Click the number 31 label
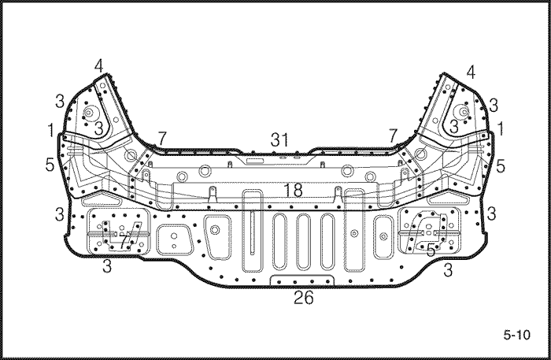279,140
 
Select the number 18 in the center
293,190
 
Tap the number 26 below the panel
303,298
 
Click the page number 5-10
516,335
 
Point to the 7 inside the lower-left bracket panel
123,242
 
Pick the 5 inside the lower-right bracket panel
431,250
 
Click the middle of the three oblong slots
303,242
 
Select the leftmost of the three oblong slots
279,242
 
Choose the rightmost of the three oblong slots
327,242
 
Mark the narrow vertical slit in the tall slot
253,232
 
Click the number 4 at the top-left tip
98,65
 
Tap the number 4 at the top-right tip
471,72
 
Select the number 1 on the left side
51,130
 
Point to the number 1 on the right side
501,128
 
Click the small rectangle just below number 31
255,161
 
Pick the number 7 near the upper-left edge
161,138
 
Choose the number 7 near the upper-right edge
393,135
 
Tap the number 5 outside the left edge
50,165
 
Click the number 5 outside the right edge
501,166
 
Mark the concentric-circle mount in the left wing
88,113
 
